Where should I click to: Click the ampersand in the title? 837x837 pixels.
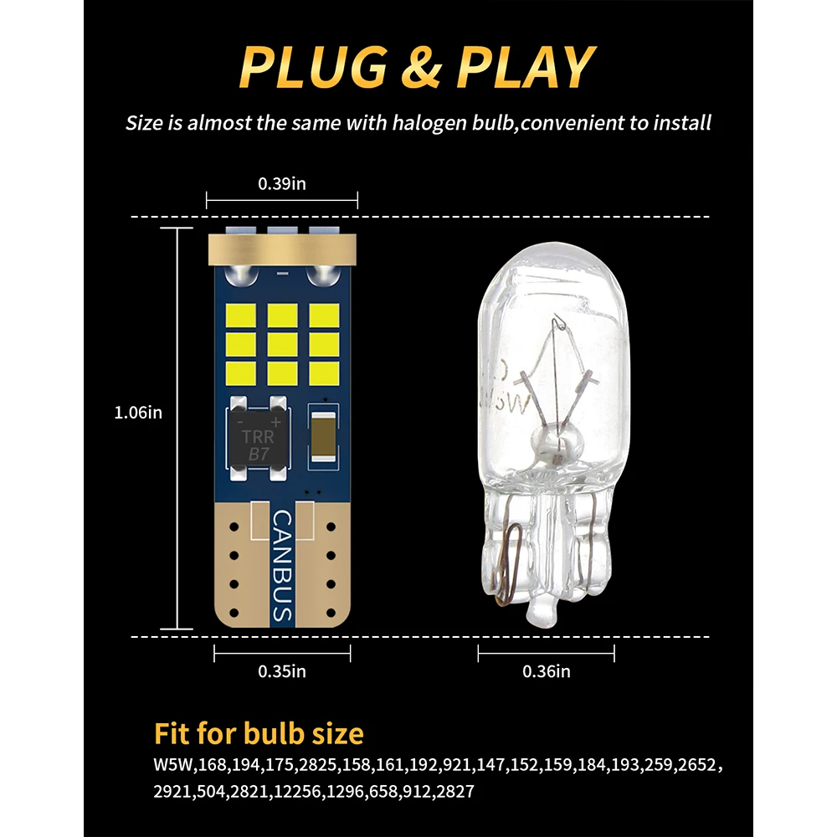[x=420, y=69]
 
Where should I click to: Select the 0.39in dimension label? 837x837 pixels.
[x=281, y=183]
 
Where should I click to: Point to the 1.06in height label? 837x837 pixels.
[x=138, y=412]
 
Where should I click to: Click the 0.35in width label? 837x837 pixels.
[x=281, y=670]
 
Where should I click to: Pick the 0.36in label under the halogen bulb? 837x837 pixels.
[x=546, y=670]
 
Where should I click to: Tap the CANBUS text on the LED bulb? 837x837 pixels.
[x=282, y=565]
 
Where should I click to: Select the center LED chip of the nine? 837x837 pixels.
[x=282, y=342]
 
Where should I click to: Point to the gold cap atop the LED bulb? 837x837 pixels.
[x=282, y=247]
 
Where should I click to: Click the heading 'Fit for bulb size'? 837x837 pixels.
[x=259, y=734]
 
